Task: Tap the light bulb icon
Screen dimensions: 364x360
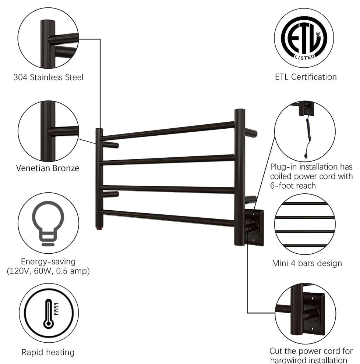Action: pyautogui.click(x=48, y=223)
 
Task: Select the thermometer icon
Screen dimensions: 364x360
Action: pyautogui.click(x=49, y=313)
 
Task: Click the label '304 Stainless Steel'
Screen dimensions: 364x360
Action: pyautogui.click(x=48, y=77)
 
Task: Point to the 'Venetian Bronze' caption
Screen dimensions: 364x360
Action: pyautogui.click(x=47, y=168)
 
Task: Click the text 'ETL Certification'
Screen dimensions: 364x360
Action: pyautogui.click(x=306, y=77)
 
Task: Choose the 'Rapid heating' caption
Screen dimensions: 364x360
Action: pyautogui.click(x=48, y=352)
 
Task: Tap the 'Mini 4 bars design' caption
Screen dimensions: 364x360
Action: pyautogui.click(x=307, y=263)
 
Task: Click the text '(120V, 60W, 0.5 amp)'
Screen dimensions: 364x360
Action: pyautogui.click(x=48, y=271)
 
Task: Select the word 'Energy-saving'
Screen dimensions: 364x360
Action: pyautogui.click(x=48, y=262)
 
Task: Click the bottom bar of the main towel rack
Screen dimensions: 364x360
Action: pyautogui.click(x=167, y=217)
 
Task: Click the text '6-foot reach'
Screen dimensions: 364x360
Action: pyautogui.click(x=293, y=186)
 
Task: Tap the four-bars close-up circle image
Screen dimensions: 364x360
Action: pyautogui.click(x=305, y=224)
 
